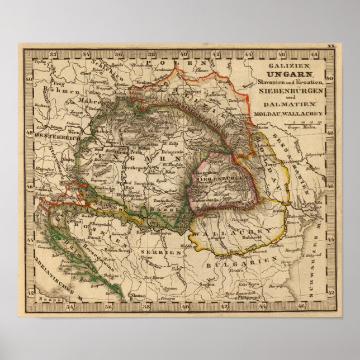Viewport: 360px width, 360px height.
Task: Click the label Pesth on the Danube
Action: pos(134,151)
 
